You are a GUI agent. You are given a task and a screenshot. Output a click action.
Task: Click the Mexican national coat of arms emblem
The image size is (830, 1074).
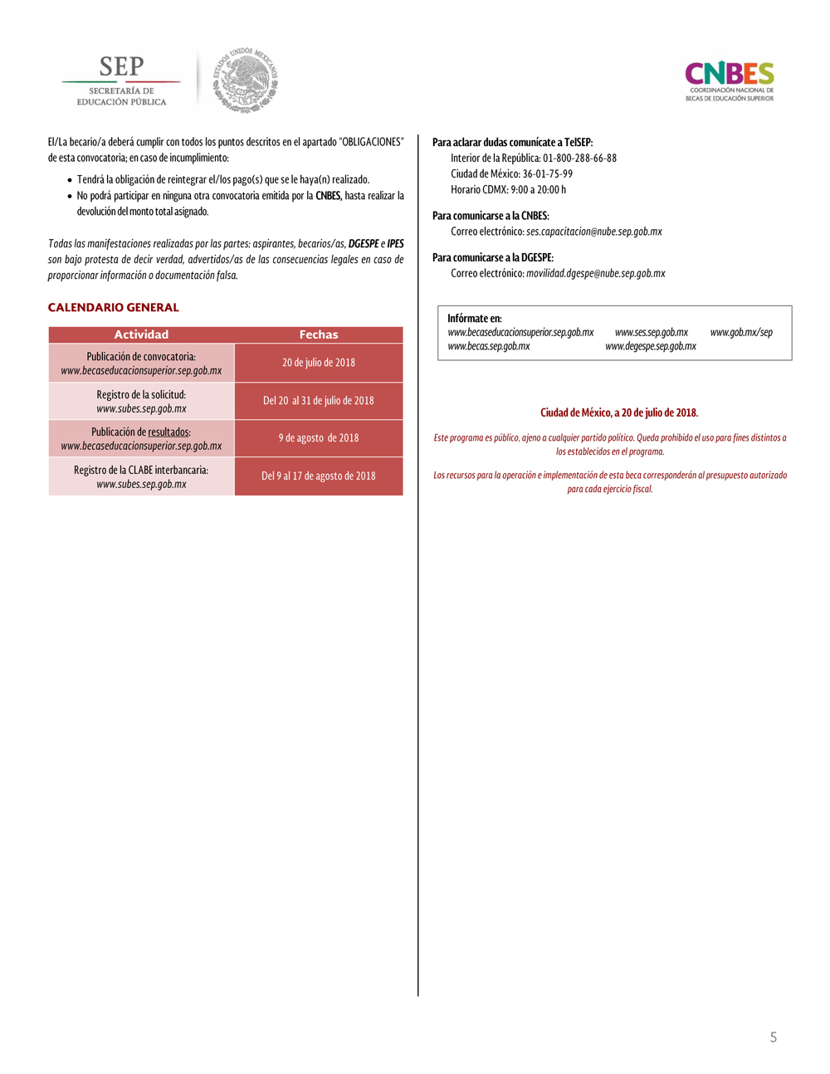[x=246, y=81]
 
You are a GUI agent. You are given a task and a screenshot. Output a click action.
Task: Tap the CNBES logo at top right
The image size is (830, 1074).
[x=730, y=81]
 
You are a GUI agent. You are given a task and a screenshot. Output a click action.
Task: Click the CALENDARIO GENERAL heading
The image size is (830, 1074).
[x=114, y=307]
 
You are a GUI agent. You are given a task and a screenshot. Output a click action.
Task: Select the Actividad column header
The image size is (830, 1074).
[x=141, y=334]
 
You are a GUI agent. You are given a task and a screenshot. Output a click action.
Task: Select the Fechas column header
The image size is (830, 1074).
[x=319, y=334]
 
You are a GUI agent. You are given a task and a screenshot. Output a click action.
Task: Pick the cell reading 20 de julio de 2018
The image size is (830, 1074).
[x=319, y=363]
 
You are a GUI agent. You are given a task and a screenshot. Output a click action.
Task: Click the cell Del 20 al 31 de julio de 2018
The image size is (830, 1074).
[x=319, y=401]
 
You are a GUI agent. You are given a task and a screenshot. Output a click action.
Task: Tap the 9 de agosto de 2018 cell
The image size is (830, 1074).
[x=319, y=438]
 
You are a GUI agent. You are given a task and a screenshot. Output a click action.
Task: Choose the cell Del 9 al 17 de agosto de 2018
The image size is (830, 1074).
[x=319, y=476]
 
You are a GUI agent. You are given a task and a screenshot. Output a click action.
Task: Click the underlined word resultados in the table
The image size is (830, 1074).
[x=168, y=432]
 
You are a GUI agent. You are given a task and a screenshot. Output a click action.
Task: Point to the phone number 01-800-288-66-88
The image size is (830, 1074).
[x=579, y=159]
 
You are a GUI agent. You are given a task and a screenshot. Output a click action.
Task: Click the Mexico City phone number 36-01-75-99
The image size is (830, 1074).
[x=548, y=174]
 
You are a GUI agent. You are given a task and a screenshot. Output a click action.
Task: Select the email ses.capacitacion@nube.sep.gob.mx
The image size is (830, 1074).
[x=594, y=232]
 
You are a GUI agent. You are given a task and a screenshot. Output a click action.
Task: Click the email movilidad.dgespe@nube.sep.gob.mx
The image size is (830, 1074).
[x=596, y=273]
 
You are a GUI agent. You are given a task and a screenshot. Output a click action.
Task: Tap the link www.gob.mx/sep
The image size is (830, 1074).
[x=741, y=333]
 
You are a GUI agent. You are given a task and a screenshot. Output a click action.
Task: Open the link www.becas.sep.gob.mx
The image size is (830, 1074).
[x=489, y=347]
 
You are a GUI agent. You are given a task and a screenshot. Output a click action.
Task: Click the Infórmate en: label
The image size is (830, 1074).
[x=475, y=319]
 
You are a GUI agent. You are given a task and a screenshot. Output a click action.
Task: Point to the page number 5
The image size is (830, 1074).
[x=774, y=1037]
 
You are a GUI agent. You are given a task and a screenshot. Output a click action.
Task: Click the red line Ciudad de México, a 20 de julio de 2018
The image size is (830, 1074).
[x=619, y=413]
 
